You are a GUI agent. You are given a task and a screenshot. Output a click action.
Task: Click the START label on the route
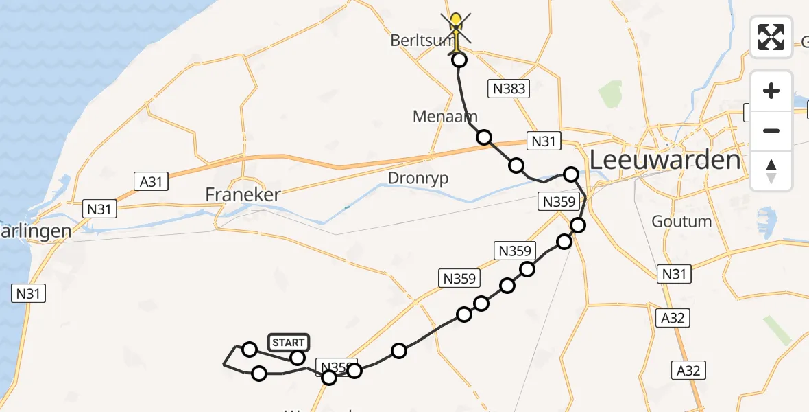(288, 343)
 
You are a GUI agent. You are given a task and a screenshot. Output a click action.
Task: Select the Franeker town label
(243, 195)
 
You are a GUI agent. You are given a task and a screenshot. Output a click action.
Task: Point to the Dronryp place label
(418, 178)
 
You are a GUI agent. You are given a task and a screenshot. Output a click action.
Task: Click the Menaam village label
(445, 116)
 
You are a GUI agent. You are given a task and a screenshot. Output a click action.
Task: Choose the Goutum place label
(681, 222)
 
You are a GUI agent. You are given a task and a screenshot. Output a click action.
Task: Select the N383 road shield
(508, 88)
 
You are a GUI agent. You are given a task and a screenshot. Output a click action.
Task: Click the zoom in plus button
(771, 91)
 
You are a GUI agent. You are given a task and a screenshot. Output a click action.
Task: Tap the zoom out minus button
(771, 130)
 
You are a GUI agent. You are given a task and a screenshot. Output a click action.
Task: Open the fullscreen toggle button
(771, 36)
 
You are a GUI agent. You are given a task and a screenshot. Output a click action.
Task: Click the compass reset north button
(771, 170)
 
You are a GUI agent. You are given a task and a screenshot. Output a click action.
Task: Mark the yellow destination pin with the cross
(456, 26)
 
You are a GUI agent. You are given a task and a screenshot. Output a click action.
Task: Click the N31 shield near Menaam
(542, 142)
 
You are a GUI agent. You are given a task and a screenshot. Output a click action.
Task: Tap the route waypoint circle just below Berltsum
(459, 60)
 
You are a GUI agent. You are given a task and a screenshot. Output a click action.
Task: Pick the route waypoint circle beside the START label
(297, 358)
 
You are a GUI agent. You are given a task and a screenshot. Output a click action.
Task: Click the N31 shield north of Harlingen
(99, 209)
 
